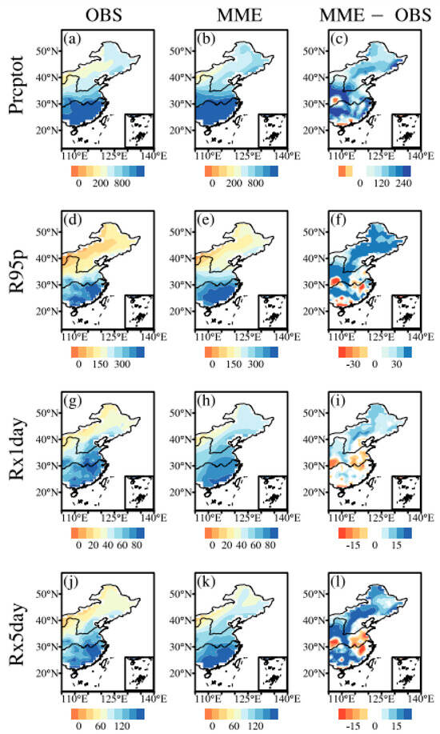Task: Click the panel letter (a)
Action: (74, 38)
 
